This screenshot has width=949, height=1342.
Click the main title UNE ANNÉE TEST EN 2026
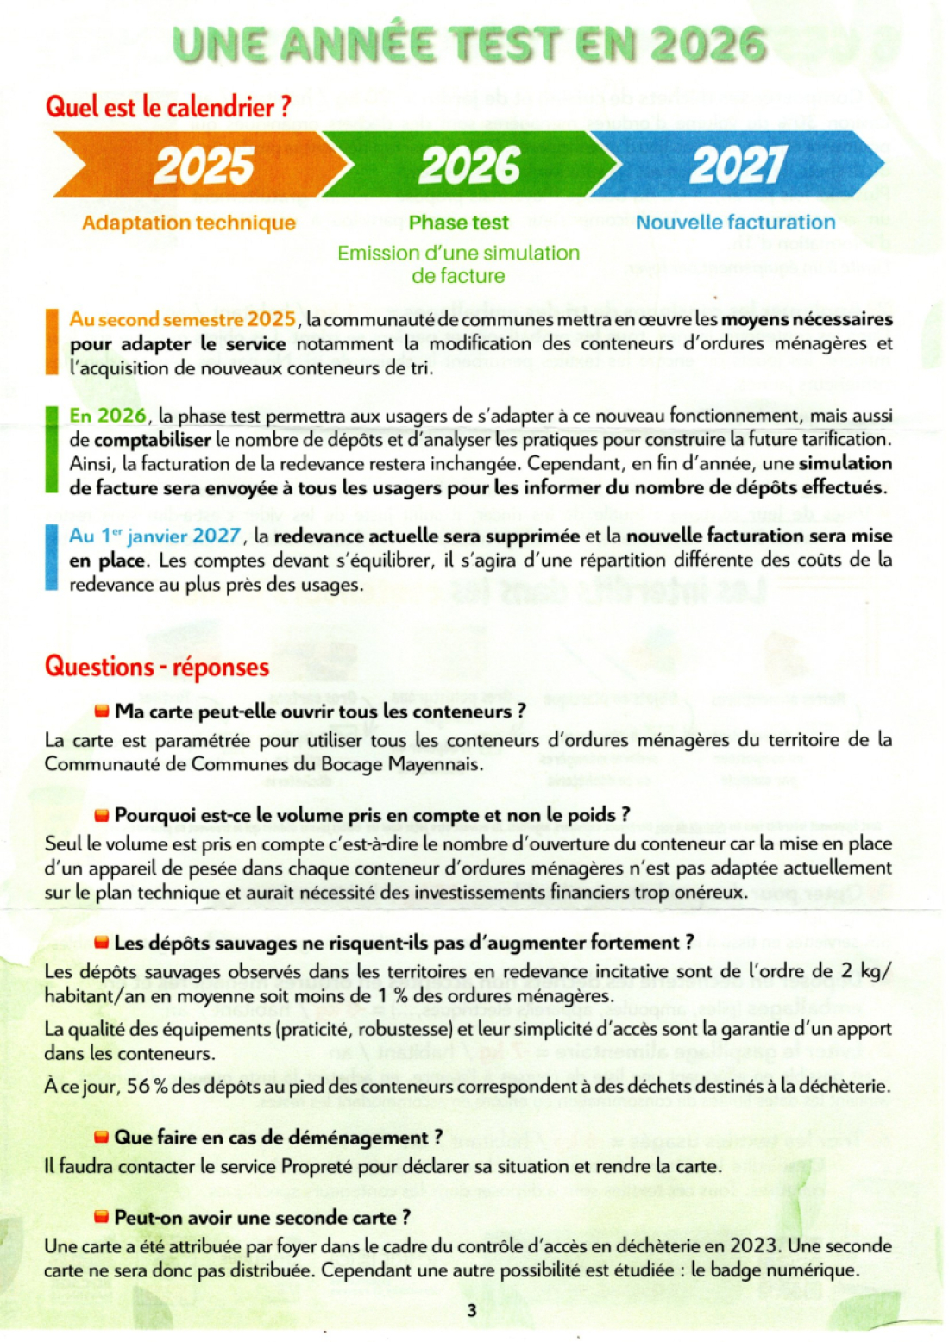tap(470, 45)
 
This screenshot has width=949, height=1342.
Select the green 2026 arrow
tap(470, 165)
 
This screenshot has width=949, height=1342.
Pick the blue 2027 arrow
tap(738, 165)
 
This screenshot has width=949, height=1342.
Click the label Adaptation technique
tap(189, 223)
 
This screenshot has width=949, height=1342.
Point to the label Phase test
tap(458, 223)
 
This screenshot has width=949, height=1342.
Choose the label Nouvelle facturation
tap(735, 223)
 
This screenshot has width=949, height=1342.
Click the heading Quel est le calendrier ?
tap(168, 107)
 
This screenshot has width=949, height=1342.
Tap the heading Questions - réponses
tap(157, 667)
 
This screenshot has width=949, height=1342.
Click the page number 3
tap(471, 1310)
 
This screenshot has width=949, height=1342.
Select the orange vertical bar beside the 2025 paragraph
tap(52, 342)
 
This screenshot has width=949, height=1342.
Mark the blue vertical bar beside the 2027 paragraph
tap(52, 559)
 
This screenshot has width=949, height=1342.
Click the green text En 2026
tap(108, 416)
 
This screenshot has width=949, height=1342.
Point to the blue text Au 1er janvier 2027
tap(154, 536)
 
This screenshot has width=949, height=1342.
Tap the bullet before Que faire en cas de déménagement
tap(102, 1138)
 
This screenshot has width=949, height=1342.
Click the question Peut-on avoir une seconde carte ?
tap(262, 1217)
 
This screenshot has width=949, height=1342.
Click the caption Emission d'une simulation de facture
tap(458, 264)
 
